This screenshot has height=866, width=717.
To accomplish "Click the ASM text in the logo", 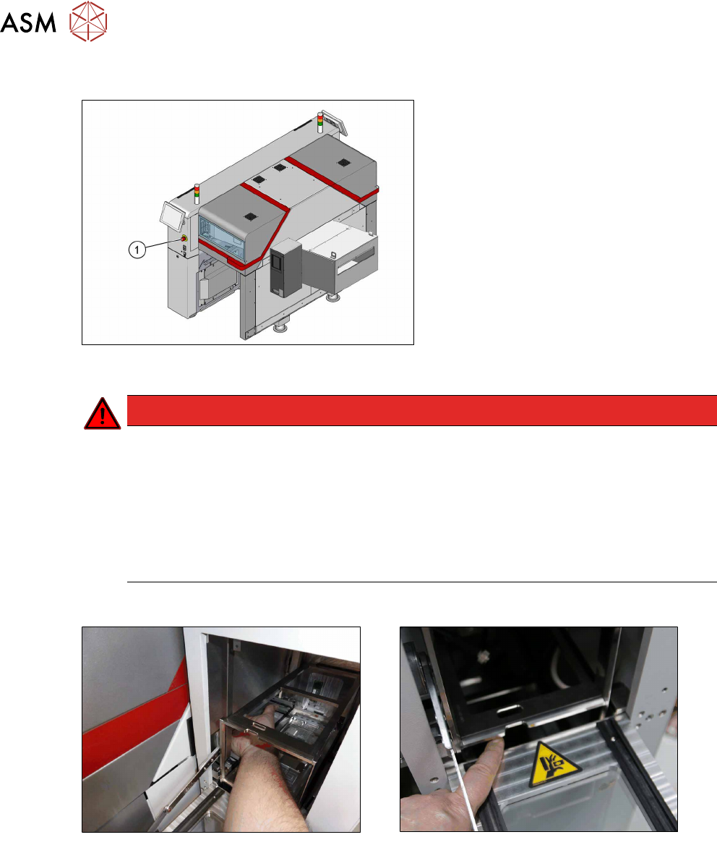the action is click(28, 22).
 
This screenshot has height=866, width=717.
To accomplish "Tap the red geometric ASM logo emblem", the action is click(88, 21).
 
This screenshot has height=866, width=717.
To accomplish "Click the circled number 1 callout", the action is click(137, 250).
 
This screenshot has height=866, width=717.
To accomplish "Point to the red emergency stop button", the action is click(184, 238).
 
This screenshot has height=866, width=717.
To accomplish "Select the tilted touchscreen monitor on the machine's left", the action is click(171, 216).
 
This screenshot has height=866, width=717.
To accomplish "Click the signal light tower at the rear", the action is click(319, 122).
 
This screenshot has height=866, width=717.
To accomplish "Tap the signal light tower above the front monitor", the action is click(197, 194).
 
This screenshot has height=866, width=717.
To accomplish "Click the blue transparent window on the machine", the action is click(220, 237).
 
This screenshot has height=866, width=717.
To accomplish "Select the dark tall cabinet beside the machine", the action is click(285, 267).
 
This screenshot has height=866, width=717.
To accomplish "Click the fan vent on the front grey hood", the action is click(249, 216).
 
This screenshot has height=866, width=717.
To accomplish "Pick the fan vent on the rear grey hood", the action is click(344, 163).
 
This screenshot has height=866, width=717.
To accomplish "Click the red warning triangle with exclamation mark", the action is click(102, 413).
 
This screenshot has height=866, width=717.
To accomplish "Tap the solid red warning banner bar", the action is click(421, 410).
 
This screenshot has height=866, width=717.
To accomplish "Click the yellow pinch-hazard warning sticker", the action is click(554, 765).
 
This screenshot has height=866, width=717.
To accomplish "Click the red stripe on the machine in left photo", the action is click(132, 720).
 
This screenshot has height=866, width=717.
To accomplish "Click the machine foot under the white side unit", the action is click(332, 298).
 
